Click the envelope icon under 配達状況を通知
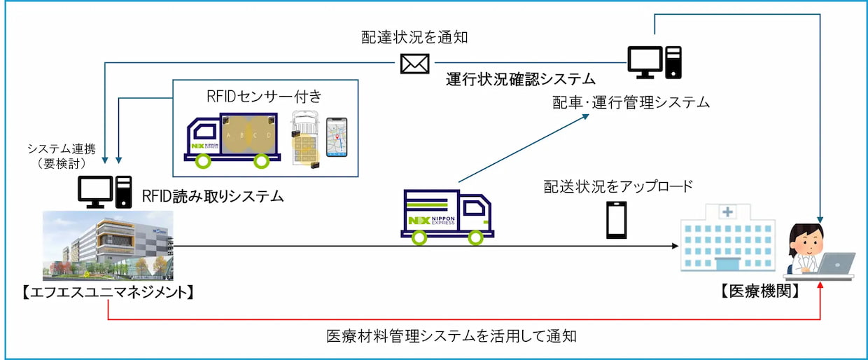click(x=414, y=64)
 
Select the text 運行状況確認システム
click(x=521, y=78)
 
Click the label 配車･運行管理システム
click(x=631, y=104)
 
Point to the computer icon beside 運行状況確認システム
click(x=654, y=61)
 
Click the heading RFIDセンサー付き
click(x=265, y=96)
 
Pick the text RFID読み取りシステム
click(x=213, y=196)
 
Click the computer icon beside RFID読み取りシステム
click(x=104, y=190)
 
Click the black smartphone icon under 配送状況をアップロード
click(x=617, y=221)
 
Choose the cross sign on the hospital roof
click(x=729, y=211)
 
